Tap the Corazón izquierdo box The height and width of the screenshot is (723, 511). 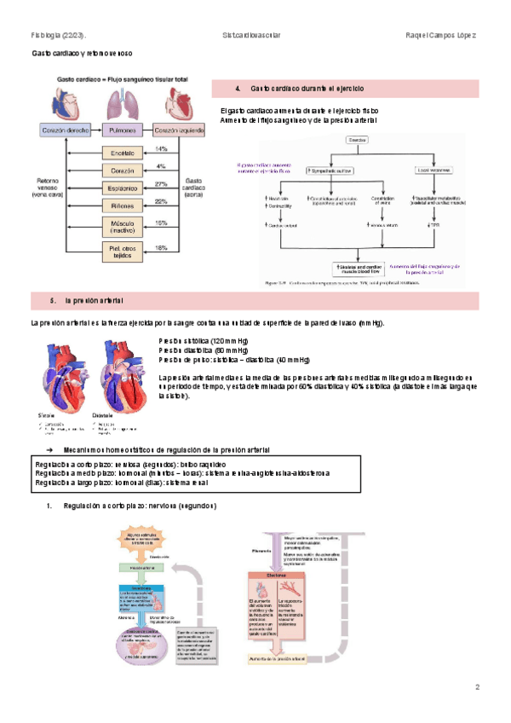click(x=179, y=131)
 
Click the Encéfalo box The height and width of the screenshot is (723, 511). click(x=123, y=153)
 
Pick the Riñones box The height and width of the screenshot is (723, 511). click(x=123, y=205)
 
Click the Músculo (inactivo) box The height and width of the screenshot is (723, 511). click(x=123, y=227)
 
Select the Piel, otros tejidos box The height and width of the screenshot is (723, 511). click(x=123, y=250)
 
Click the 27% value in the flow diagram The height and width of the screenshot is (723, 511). click(x=161, y=183)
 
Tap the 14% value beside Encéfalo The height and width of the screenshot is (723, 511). click(x=161, y=149)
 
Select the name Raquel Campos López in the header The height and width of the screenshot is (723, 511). click(x=442, y=36)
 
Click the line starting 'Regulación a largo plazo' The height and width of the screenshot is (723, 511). click(x=115, y=483)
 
